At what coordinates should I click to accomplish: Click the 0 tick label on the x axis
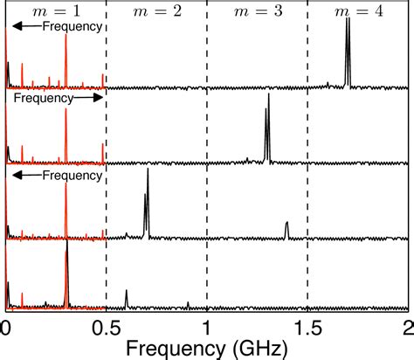(x=6, y=327)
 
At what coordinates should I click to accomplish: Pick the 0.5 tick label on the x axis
(x=106, y=327)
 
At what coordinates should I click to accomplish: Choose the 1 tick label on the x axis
(x=207, y=327)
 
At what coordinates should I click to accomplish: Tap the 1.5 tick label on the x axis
(x=307, y=327)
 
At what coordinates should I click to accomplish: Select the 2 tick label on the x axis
(x=408, y=327)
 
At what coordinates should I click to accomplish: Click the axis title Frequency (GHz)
(x=207, y=347)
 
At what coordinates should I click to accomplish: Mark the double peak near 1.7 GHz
(x=348, y=52)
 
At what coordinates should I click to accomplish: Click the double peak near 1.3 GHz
(x=267, y=127)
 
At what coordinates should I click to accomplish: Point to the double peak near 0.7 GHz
(x=147, y=201)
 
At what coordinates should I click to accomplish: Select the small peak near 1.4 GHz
(x=286, y=229)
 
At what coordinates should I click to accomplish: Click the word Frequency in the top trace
(x=76, y=27)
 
